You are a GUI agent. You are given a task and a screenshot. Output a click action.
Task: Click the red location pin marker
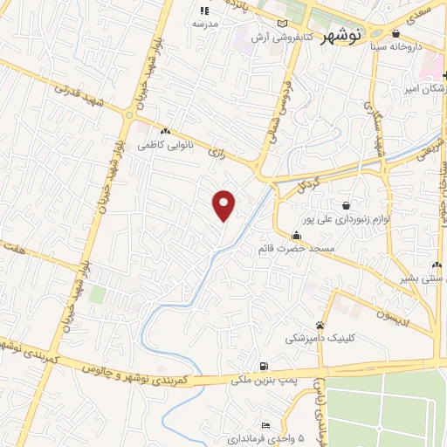tap(224, 205)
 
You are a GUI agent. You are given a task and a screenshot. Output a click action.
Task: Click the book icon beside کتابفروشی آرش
tap(280, 24)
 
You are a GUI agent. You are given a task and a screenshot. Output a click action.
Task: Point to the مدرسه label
tap(203, 24)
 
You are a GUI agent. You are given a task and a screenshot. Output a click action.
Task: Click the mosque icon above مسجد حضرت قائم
tap(297, 235)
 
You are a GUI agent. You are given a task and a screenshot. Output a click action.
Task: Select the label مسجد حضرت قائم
tap(297, 249)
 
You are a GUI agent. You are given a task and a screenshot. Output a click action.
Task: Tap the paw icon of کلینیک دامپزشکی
tap(320, 325)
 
